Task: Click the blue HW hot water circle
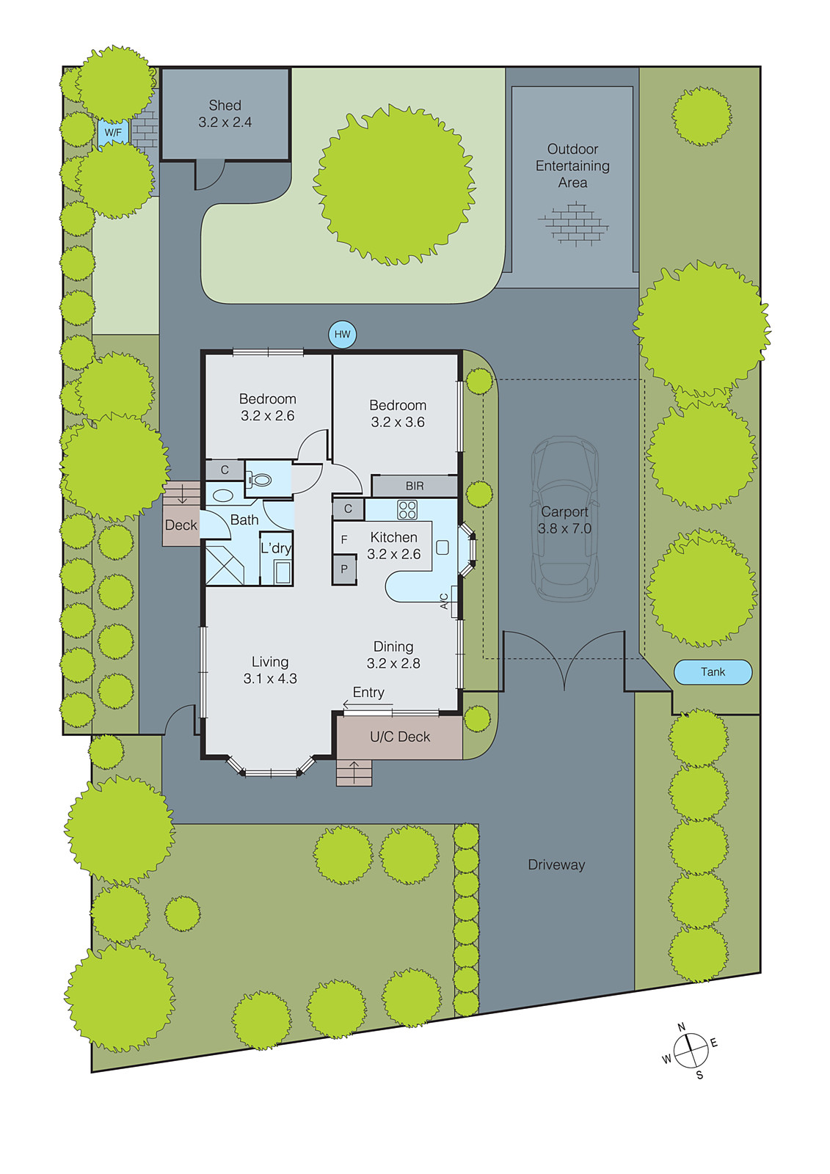(343, 335)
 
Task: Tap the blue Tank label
(713, 672)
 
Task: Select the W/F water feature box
(113, 133)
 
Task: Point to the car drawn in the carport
(564, 519)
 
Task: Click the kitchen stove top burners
(407, 509)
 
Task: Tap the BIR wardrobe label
(415, 486)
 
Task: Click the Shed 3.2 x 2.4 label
(225, 114)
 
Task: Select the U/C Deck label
(400, 737)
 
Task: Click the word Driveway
(556, 865)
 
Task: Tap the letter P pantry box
(344, 569)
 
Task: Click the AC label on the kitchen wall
(445, 601)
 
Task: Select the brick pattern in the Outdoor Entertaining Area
(572, 223)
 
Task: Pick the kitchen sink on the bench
(442, 547)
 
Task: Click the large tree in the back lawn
(394, 184)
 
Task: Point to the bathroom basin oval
(222, 495)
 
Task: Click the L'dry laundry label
(276, 548)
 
